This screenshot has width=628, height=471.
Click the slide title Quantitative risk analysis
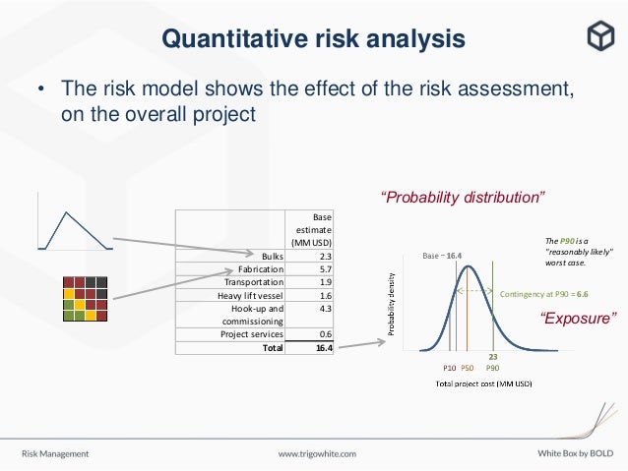pyautogui.click(x=313, y=39)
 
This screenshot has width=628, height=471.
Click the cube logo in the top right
pyautogui.click(x=598, y=36)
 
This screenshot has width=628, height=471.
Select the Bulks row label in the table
pyautogui.click(x=272, y=256)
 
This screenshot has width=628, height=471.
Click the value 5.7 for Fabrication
pyautogui.click(x=324, y=268)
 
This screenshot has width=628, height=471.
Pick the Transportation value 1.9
pyautogui.click(x=324, y=281)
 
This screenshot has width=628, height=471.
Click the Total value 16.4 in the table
pyautogui.click(x=321, y=347)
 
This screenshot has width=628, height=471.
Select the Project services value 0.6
pyautogui.click(x=324, y=334)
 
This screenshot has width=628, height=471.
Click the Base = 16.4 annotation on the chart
pyautogui.click(x=443, y=256)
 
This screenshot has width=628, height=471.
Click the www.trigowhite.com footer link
pyautogui.click(x=317, y=454)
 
